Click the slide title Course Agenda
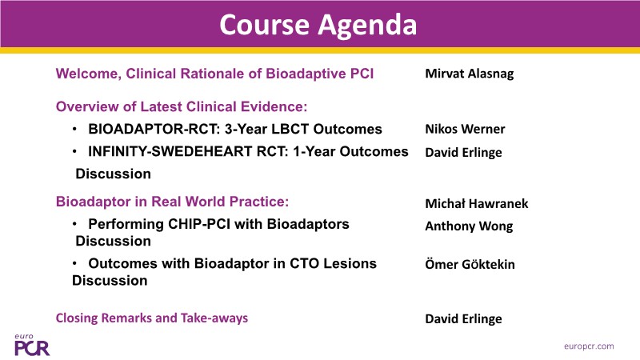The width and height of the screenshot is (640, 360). [x=318, y=25]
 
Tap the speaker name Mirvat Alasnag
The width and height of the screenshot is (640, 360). [x=470, y=74]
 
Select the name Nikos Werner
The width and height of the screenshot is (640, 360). [x=465, y=130]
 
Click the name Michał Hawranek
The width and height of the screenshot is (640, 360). [x=477, y=204]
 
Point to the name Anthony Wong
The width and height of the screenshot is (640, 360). [x=469, y=226]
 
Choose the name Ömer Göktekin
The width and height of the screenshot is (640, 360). [x=470, y=264]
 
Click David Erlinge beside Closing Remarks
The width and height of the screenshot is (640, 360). [x=464, y=318]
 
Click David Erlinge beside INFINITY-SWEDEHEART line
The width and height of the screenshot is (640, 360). [x=464, y=153]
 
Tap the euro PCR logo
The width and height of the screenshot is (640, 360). [x=32, y=345]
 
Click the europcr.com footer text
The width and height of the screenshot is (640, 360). [x=589, y=346]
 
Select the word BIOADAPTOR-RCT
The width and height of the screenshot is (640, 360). [x=154, y=130]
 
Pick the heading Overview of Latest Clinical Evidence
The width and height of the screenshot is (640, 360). [x=182, y=107]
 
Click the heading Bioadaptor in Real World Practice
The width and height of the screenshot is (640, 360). [x=172, y=202]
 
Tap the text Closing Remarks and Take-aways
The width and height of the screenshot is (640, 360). [x=152, y=318]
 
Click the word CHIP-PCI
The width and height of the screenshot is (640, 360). [x=197, y=225]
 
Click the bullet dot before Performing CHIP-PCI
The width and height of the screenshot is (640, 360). [x=74, y=224]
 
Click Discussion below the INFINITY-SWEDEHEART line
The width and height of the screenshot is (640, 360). [x=113, y=174]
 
